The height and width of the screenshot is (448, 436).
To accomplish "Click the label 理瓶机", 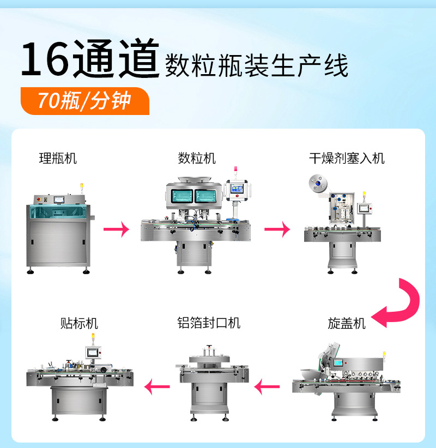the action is coord(58,158).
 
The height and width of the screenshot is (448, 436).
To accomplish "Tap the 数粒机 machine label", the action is coord(197,158).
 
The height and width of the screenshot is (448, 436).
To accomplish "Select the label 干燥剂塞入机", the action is coord(347,158).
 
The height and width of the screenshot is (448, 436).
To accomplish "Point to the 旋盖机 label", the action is coord(347,323).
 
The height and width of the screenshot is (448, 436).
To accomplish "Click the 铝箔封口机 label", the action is coord(209,323).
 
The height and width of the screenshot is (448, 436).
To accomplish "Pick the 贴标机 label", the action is coord(79,323).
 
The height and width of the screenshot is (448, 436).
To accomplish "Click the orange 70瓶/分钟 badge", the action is coord(85,101).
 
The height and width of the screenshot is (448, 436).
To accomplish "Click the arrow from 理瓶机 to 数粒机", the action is coord(116,229).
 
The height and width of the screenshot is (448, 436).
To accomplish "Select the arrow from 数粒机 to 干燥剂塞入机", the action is coord(277,229).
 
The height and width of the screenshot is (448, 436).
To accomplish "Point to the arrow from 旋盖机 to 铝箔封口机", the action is coord(267,387).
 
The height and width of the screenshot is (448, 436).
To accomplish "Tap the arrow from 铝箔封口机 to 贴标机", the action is coord(157,387).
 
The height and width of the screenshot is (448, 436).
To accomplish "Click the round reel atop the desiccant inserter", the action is coord(318,183).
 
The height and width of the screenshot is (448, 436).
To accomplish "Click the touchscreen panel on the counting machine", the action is coord(237,188).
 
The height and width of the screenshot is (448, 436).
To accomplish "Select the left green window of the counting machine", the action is coord(181,196).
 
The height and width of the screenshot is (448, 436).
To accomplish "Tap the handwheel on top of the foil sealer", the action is coord(210,347).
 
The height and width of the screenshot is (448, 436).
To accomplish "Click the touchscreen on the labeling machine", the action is coord(93,353).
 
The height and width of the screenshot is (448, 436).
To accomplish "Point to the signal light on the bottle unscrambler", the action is coord(82,186).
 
